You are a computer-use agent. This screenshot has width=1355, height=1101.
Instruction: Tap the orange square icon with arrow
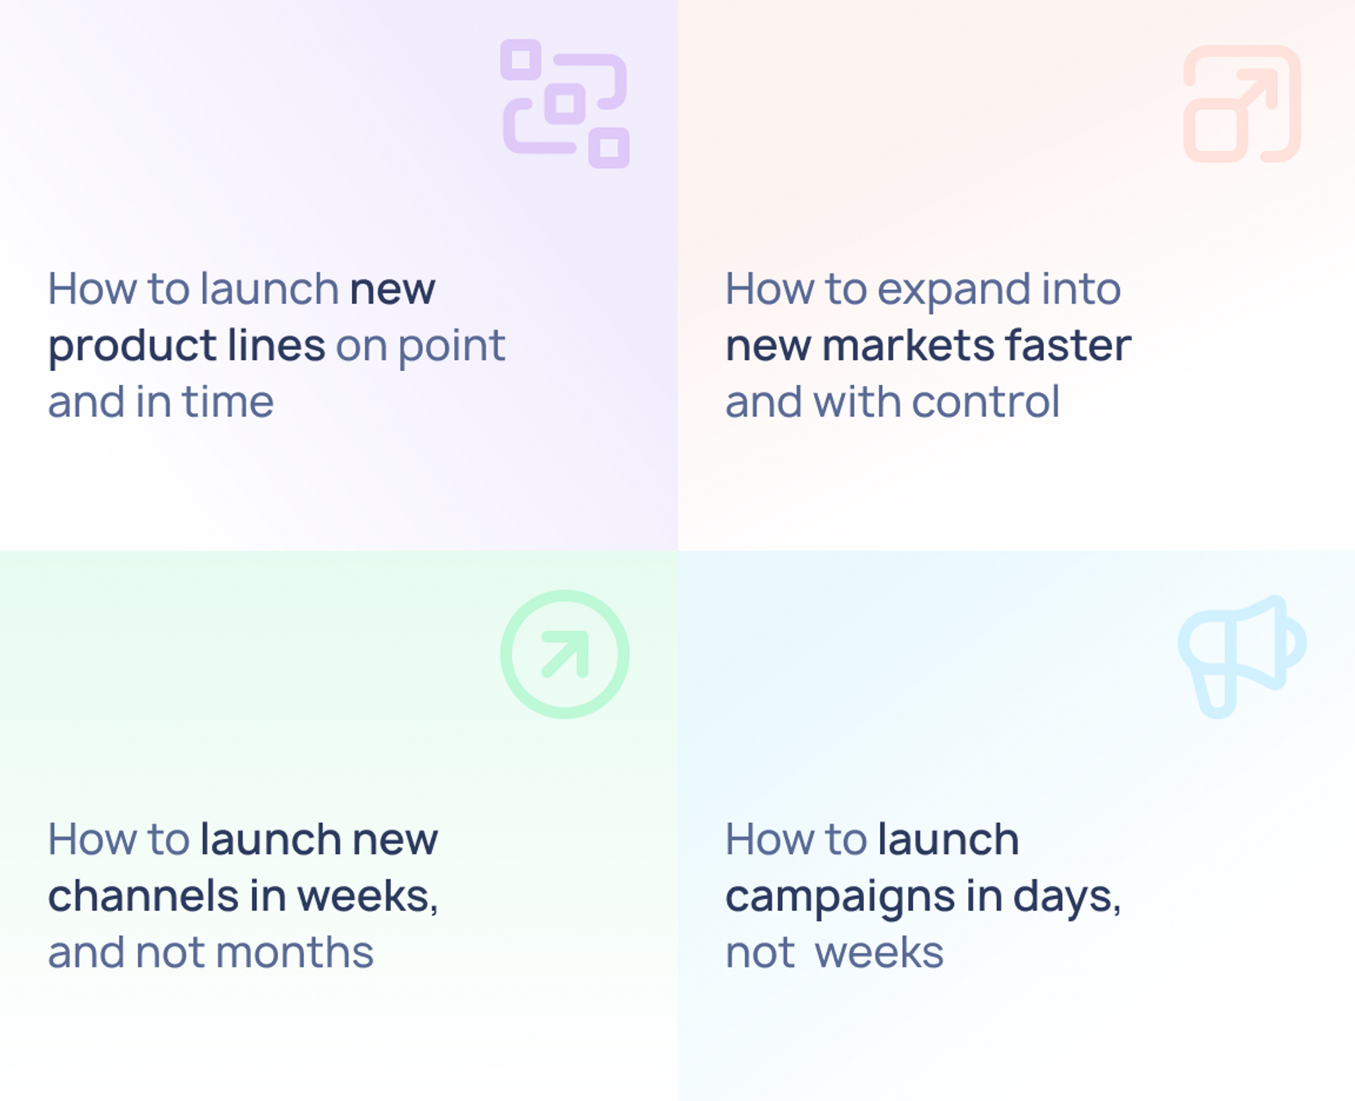coord(1242,104)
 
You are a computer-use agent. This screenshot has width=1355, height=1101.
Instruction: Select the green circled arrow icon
coord(564,654)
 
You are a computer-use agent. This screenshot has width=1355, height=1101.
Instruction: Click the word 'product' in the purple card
coord(132,347)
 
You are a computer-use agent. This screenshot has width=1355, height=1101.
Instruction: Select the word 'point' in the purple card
coord(452,347)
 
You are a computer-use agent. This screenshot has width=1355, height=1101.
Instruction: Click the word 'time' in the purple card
coord(227,402)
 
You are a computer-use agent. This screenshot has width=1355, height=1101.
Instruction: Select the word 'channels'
coord(144,895)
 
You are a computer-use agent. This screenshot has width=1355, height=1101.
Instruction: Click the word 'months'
coord(294,952)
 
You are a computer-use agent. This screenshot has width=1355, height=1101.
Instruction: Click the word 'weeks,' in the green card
coord(367,897)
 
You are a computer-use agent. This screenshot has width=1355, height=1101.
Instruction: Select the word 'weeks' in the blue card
coord(879,952)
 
